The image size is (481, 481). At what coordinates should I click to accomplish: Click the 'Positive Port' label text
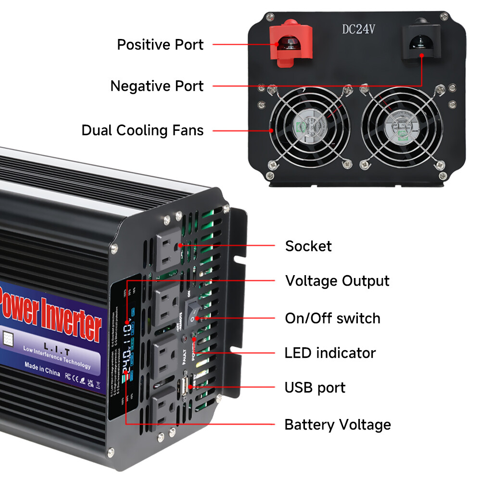pyautogui.click(x=160, y=45)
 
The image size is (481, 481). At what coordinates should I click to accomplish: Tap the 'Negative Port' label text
pyautogui.click(x=157, y=86)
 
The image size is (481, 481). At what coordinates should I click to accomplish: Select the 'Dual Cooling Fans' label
pyautogui.click(x=142, y=130)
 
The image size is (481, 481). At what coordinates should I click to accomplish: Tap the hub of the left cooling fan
pyautogui.click(x=310, y=126)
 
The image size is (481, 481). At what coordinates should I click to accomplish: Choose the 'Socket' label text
pyautogui.click(x=308, y=246)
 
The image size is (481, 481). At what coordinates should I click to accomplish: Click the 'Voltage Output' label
pyautogui.click(x=337, y=280)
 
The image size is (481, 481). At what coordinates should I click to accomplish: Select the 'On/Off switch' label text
pyautogui.click(x=332, y=318)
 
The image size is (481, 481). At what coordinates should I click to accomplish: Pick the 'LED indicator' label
pyautogui.click(x=330, y=353)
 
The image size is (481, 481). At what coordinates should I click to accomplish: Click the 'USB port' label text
pyautogui.click(x=315, y=387)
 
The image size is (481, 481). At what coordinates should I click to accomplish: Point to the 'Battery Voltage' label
pyautogui.click(x=338, y=425)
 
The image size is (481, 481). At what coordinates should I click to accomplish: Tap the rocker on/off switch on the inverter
pyautogui.click(x=194, y=311)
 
